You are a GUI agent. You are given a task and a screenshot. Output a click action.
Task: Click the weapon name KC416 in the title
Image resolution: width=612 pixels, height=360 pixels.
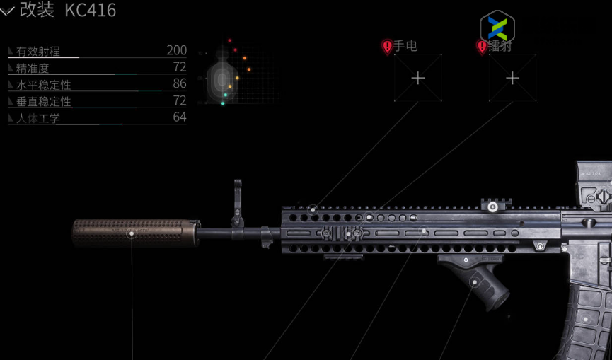tap(91, 11)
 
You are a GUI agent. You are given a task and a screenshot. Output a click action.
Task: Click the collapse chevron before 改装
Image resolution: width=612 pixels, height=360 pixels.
tap(8, 11)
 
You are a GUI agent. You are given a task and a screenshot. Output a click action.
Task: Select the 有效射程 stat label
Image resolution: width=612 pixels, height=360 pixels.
tap(38, 51)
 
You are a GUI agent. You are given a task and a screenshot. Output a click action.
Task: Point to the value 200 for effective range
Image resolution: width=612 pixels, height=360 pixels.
tap(176, 50)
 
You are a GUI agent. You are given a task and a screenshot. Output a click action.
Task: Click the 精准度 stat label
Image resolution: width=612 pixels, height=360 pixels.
tap(33, 68)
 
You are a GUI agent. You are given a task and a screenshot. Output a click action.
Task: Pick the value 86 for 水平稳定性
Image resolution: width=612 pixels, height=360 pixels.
tap(180, 83)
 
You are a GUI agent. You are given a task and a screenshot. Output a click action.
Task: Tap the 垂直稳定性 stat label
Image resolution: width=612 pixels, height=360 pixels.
tap(43, 101)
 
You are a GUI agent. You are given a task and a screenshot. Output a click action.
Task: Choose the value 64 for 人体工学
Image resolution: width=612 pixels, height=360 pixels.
tap(180, 117)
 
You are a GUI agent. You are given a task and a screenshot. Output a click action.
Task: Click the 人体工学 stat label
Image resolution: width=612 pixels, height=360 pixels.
tap(38, 118)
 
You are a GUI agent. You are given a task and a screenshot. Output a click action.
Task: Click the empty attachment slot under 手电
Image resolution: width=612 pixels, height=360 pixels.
tap(418, 78)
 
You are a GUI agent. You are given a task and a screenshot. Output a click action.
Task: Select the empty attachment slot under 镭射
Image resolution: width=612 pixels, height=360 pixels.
tap(513, 78)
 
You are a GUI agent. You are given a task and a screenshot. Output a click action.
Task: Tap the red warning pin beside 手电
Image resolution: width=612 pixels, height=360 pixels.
tap(387, 47)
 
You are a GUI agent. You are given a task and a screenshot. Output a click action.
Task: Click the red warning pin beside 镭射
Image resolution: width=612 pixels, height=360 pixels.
tap(482, 47)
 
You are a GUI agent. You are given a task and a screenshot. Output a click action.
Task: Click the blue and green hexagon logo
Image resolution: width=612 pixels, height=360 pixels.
tap(497, 28)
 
